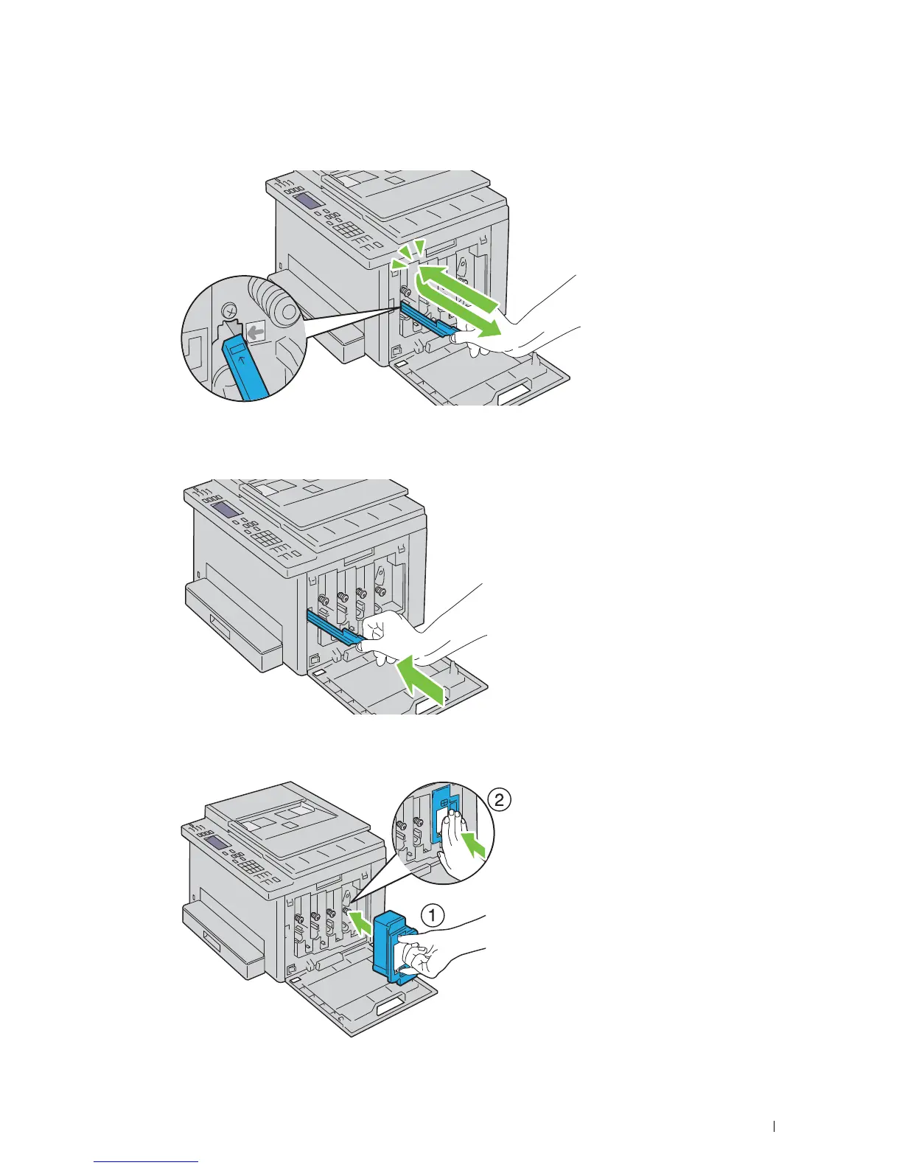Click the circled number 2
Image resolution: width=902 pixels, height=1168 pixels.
coord(499,800)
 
